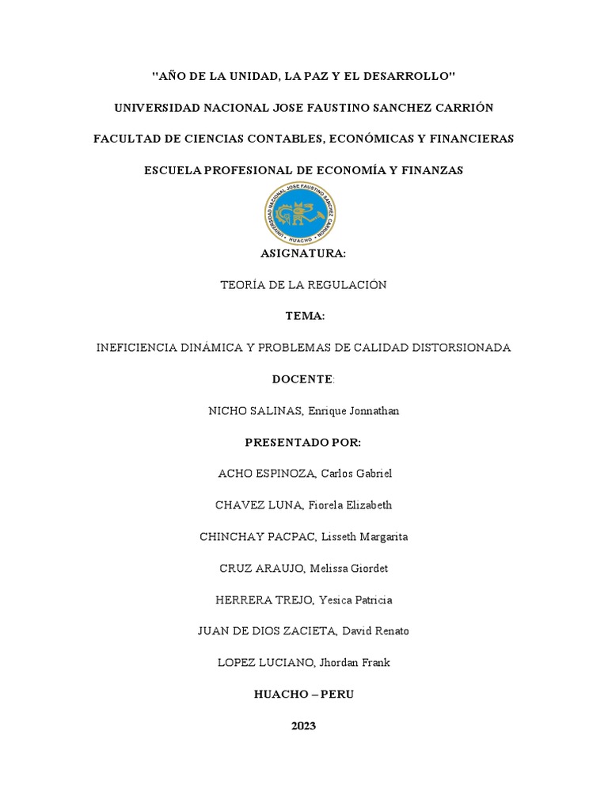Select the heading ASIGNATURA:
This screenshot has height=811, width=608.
(x=304, y=253)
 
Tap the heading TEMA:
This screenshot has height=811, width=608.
(x=304, y=316)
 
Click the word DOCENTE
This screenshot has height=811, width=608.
(x=302, y=379)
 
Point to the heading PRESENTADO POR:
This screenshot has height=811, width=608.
(x=304, y=442)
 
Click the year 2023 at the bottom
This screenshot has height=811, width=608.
(x=303, y=725)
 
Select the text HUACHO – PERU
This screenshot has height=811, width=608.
(x=304, y=694)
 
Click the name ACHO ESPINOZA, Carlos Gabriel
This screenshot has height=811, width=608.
(x=304, y=474)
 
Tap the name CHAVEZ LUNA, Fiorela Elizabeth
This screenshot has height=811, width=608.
(x=304, y=505)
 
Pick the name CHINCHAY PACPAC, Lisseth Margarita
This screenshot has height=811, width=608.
(x=304, y=537)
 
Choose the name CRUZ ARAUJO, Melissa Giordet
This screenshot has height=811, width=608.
(x=304, y=569)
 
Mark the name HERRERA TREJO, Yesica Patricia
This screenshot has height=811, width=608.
(x=304, y=600)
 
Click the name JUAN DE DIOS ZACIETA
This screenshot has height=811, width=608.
(x=270, y=631)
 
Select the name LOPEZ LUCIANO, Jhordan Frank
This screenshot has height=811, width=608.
(x=304, y=663)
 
